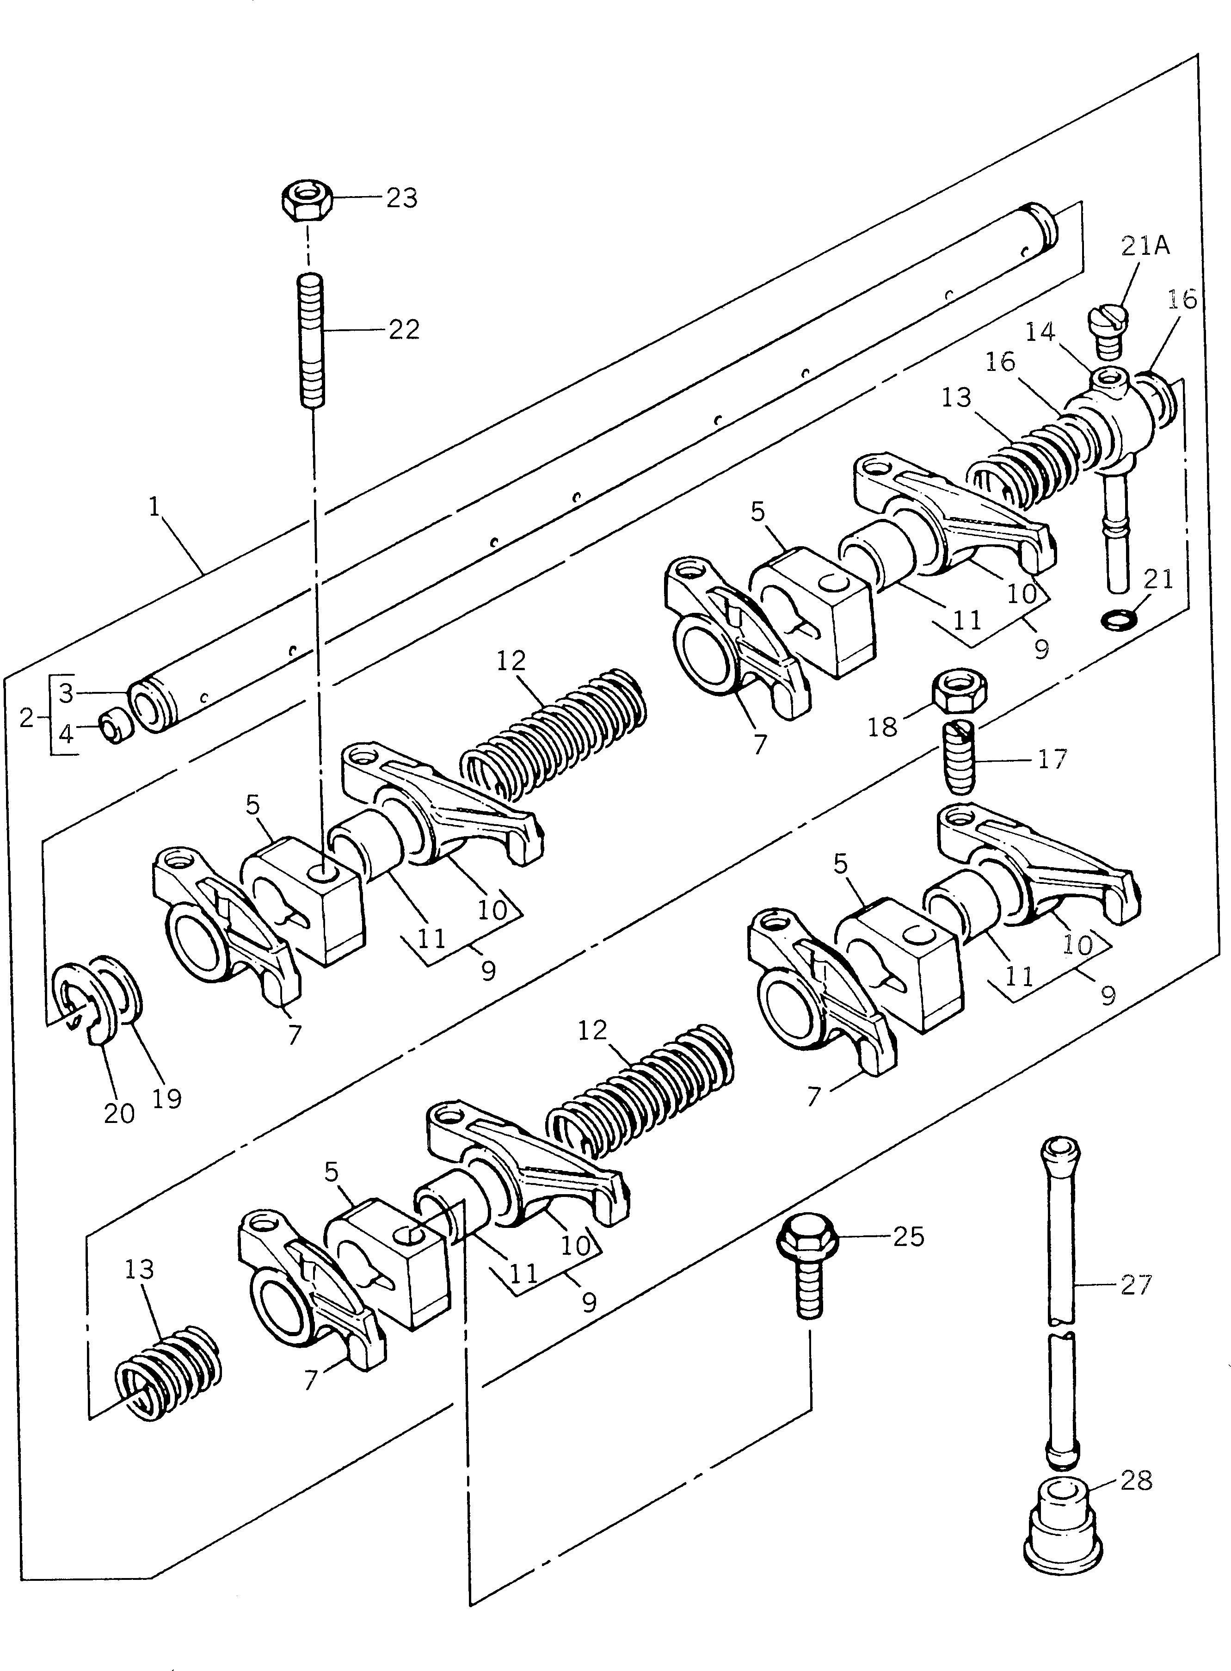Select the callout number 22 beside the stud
point(404,329)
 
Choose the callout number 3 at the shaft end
point(66,693)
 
